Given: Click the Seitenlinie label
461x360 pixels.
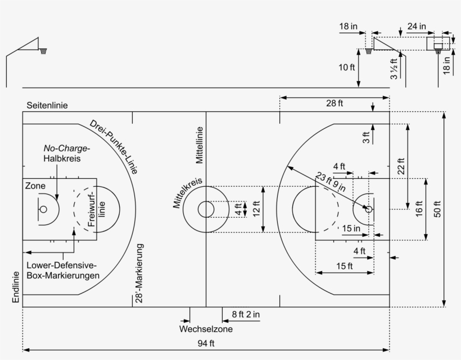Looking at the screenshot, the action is [x=47, y=105].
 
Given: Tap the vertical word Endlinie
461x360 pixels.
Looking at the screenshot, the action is [x=16, y=287].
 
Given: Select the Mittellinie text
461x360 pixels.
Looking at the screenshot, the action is [x=200, y=145].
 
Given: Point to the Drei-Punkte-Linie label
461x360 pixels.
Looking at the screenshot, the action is [x=114, y=147].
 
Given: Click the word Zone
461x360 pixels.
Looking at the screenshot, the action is [x=35, y=186].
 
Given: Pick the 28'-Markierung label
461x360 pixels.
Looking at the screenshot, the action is [x=139, y=273].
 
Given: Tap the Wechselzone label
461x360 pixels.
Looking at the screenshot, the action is [x=206, y=329].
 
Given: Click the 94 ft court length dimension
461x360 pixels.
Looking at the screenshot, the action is [x=206, y=343].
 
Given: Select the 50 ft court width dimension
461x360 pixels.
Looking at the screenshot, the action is [x=437, y=209].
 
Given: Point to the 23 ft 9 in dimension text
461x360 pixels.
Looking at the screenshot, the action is [x=331, y=182].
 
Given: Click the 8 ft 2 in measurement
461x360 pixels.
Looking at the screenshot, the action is [x=246, y=314].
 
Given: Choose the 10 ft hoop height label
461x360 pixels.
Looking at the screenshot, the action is [x=347, y=67].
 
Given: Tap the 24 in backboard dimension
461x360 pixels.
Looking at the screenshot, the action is [x=417, y=26].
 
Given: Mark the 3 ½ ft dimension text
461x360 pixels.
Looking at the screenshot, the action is [x=394, y=69].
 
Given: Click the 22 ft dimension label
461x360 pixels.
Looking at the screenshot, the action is [x=401, y=166].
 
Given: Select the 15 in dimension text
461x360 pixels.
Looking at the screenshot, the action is [x=351, y=228].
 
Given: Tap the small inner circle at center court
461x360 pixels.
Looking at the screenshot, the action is [x=206, y=201].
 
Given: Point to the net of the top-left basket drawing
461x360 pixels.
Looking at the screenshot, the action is [x=43, y=52].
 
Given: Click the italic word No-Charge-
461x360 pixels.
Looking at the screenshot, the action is [x=67, y=148].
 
